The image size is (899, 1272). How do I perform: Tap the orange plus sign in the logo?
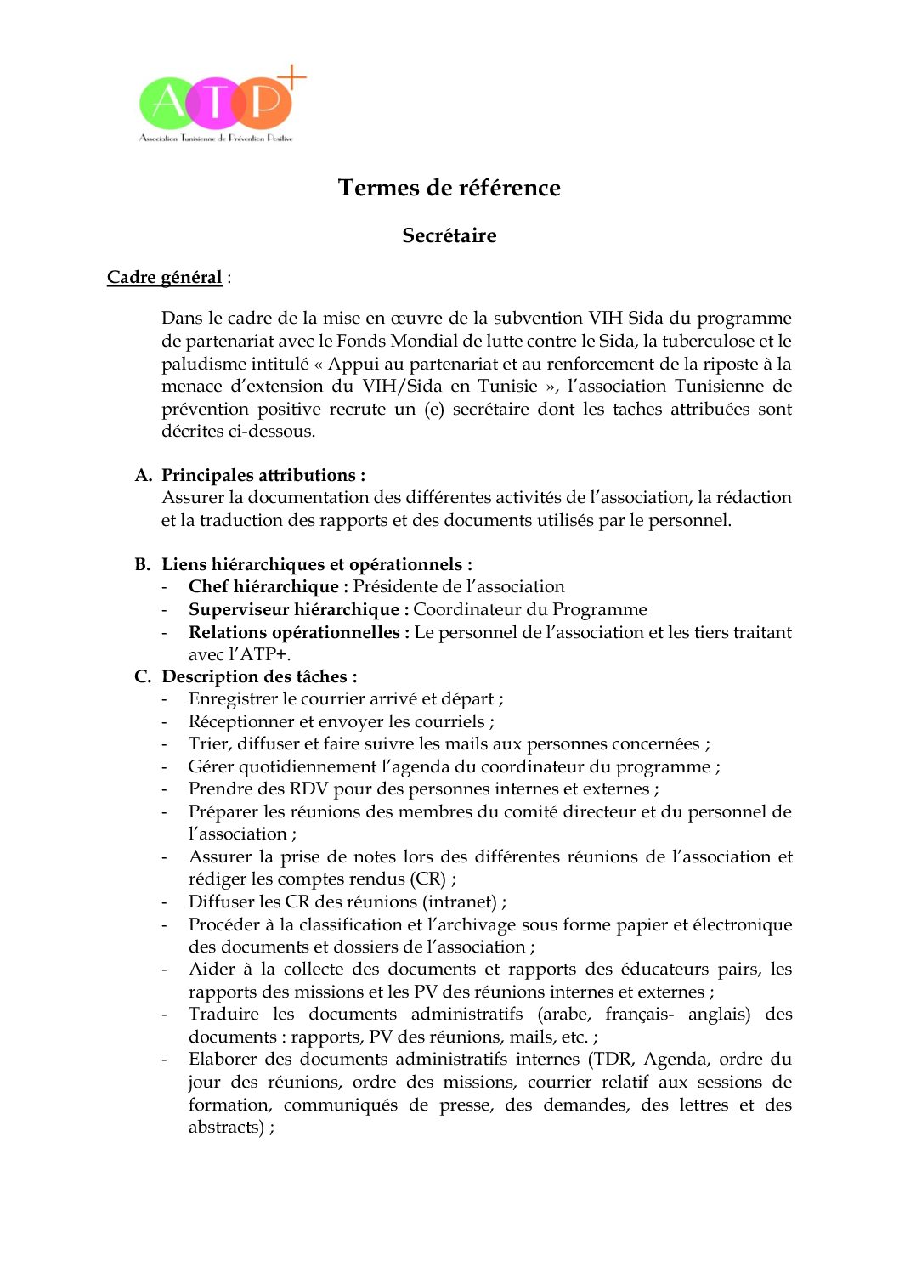pos(291,78)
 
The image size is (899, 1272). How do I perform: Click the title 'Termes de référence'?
pos(449,188)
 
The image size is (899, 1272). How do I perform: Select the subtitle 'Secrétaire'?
pos(449,235)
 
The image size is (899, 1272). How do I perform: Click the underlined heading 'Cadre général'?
pos(164,278)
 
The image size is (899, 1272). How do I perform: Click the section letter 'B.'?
pos(143,564)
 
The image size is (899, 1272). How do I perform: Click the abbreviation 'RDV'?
pos(308,789)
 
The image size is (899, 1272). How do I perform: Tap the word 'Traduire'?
pos(223,1015)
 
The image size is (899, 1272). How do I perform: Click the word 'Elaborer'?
pos(222,1060)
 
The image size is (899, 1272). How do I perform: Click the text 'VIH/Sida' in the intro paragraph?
pos(402,386)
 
